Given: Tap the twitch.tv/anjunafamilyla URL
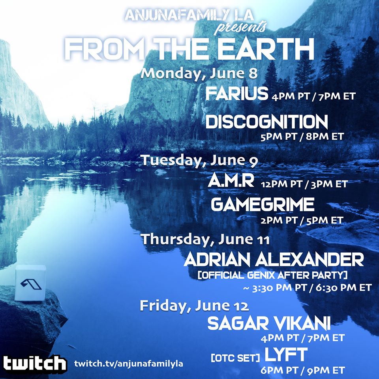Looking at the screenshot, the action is (129, 364).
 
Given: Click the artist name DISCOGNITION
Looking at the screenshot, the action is (266, 122).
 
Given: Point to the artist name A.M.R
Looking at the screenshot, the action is (231, 181).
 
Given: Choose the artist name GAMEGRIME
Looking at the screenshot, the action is (263, 205).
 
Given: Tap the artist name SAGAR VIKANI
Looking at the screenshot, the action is (269, 323).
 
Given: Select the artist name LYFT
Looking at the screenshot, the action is (286, 355).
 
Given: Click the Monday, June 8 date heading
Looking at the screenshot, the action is (199, 73).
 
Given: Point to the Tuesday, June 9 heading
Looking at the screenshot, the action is (199, 160).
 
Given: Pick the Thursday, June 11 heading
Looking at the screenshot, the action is (205, 239).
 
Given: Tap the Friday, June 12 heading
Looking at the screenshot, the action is (194, 306).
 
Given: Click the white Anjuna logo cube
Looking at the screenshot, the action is (30, 283).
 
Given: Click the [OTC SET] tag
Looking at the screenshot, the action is (235, 358).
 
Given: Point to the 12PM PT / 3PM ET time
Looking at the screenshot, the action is (304, 184).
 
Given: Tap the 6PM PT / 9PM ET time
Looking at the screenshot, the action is (303, 370).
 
